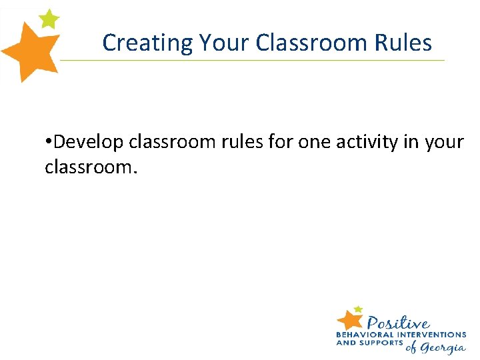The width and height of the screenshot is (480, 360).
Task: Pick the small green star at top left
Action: (49, 19)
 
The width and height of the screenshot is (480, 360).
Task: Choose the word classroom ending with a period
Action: (91, 167)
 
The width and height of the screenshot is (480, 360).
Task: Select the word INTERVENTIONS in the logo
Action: (431, 335)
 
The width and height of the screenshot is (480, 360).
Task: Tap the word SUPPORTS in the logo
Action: (381, 343)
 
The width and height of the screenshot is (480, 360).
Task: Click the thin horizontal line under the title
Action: (253, 60)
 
